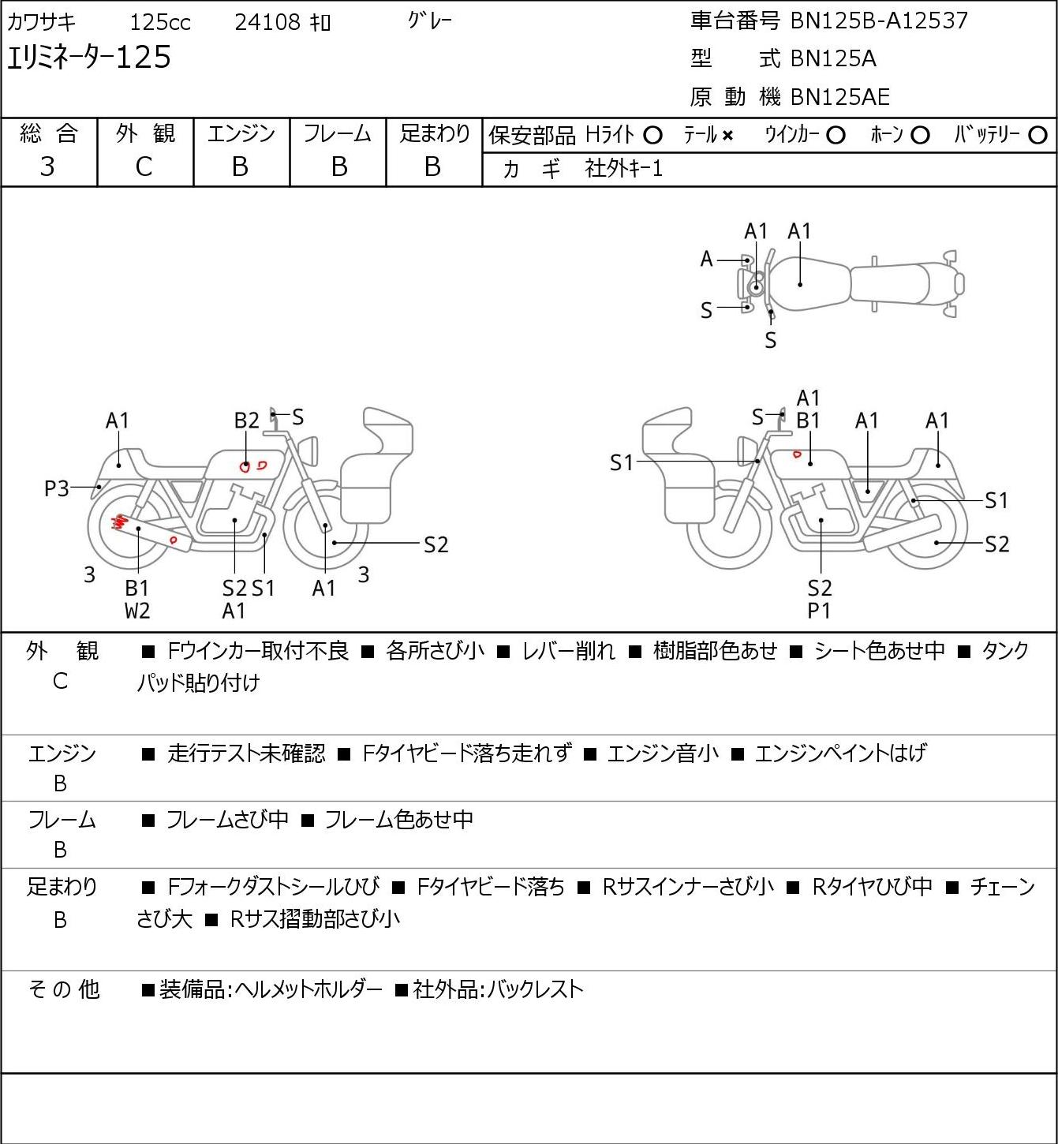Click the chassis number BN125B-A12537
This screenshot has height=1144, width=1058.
879,21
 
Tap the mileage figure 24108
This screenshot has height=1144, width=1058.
267,22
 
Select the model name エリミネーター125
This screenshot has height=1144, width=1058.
89,58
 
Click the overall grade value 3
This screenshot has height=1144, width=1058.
47,167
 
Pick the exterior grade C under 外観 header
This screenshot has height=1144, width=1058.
144,167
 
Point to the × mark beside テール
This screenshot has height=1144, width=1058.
727,136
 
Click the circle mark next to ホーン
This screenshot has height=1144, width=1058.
920,136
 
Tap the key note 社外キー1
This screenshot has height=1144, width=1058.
623,169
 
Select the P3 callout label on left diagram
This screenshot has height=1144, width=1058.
57,488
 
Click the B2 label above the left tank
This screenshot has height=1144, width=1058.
247,421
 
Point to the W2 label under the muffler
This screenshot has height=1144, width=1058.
137,611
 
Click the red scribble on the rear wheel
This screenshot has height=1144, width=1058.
118,522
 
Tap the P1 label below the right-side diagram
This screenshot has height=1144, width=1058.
819,611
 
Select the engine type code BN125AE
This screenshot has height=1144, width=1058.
840,97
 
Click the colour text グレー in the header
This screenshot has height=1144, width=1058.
430,21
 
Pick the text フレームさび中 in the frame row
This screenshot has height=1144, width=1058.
227,819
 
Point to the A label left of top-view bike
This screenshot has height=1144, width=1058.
706,260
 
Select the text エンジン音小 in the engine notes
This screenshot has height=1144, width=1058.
663,753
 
